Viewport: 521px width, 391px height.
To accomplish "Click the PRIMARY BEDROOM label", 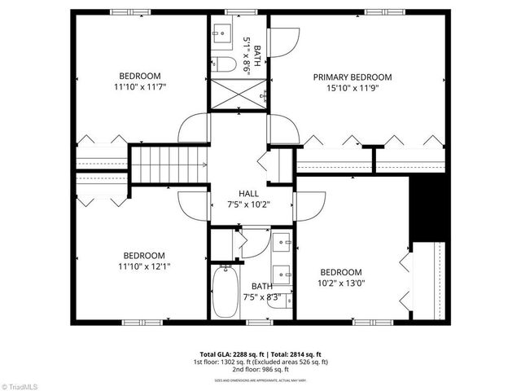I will pyautogui.click(x=352, y=77).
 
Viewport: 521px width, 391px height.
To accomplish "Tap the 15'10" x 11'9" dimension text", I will pyautogui.click(x=352, y=89).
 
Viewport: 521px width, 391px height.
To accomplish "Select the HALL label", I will pyautogui.click(x=249, y=194).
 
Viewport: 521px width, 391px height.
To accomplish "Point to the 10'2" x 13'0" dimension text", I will pyautogui.click(x=341, y=283).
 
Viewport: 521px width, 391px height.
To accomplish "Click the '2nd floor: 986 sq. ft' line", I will pyautogui.click(x=260, y=369).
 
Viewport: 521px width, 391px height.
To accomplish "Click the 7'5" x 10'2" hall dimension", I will pyautogui.click(x=249, y=204).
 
